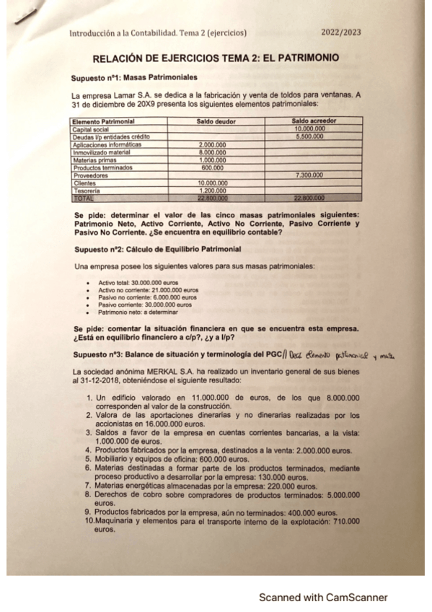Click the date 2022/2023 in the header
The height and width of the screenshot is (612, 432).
click(x=341, y=32)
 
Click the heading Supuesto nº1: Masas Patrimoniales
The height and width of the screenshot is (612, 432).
click(x=134, y=77)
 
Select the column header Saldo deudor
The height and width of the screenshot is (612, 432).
click(x=216, y=121)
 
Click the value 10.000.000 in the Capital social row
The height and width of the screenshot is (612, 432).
click(x=310, y=128)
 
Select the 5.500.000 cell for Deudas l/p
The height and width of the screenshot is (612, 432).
click(x=310, y=136)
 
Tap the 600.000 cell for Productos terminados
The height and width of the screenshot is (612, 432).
click(x=212, y=167)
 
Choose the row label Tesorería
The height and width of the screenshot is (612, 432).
click(x=87, y=191)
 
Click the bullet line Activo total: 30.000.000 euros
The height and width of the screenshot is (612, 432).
click(x=138, y=283)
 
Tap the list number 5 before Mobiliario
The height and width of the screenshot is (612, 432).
click(x=88, y=458)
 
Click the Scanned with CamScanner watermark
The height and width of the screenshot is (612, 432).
click(x=323, y=598)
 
